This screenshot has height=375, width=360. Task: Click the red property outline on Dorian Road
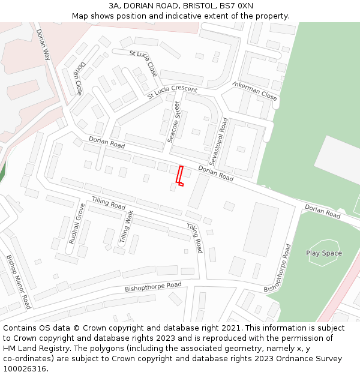tap(179, 175)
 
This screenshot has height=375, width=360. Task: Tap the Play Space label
tap(324, 253)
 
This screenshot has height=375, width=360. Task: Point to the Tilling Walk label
tap(125, 227)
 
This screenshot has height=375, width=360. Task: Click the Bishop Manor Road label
tap(18, 281)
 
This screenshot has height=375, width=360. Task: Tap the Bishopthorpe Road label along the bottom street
tap(153, 287)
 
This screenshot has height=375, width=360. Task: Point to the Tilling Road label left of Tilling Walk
tap(108, 205)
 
